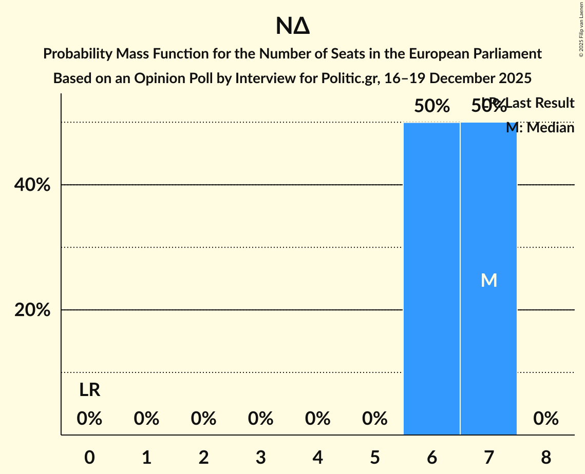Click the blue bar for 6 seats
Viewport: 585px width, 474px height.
coord(431,279)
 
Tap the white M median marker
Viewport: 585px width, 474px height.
coord(489,280)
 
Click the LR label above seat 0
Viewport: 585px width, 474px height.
coord(89,390)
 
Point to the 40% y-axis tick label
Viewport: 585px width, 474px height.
coord(32,185)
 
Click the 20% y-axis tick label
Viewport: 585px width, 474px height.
coord(32,310)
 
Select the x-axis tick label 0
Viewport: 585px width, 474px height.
coord(89,457)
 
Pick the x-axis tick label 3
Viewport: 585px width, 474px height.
coord(260,457)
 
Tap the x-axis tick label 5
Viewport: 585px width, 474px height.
coord(374,457)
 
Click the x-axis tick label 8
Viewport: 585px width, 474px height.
coord(545,457)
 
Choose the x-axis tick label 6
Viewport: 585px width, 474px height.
coord(431,457)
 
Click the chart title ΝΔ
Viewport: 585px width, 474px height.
coord(292,27)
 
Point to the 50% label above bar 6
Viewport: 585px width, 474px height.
coord(432,106)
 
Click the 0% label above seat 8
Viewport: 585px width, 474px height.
coord(545,419)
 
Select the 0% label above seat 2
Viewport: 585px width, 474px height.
coord(203,419)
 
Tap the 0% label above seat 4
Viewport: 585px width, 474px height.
coord(317,419)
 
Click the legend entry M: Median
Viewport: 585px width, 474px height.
coord(540,128)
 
